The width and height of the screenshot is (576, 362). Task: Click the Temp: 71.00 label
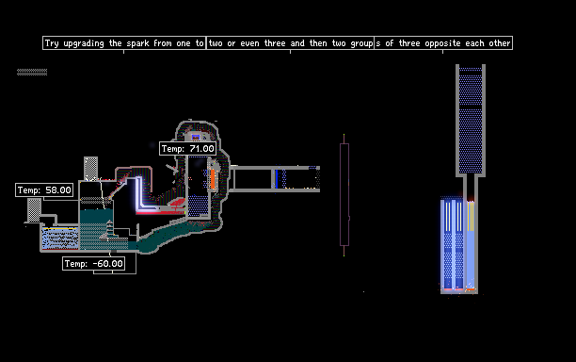(x=187, y=149)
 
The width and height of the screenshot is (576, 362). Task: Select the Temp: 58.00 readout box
(x=44, y=189)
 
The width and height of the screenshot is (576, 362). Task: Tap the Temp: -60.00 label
(x=94, y=263)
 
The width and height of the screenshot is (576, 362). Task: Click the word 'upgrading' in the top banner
(x=84, y=43)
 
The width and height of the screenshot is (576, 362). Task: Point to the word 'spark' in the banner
(x=137, y=43)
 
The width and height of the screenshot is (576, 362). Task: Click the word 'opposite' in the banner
(x=442, y=43)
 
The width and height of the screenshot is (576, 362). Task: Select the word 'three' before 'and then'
(x=275, y=43)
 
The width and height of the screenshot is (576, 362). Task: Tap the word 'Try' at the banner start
(x=52, y=43)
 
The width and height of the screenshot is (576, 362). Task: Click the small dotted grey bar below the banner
(x=32, y=72)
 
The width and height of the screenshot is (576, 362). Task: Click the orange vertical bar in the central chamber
(x=213, y=179)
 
